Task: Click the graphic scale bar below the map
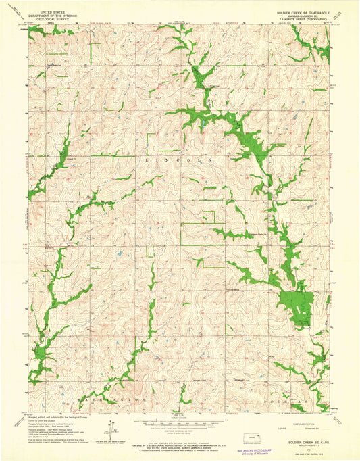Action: tap(177, 424)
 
